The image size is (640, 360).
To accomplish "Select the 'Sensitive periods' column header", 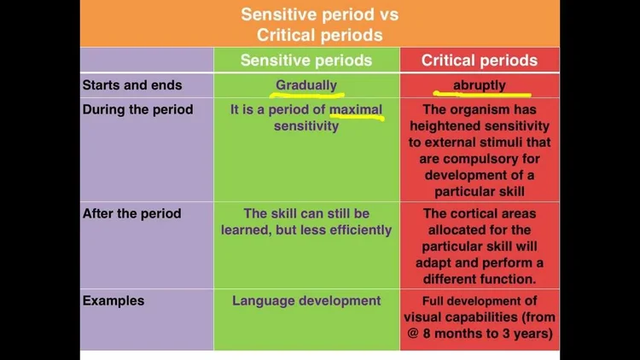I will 306,60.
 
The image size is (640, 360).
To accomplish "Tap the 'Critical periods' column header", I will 480,60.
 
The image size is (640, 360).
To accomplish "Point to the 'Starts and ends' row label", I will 131,85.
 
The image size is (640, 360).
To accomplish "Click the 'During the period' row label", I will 137,109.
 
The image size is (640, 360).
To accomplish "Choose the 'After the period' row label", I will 131,213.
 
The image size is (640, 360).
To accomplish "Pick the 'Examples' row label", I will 113,300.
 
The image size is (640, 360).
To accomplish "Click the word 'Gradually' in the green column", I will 306,85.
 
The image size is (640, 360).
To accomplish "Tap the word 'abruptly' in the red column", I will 480,85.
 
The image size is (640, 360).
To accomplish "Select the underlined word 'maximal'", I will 356,110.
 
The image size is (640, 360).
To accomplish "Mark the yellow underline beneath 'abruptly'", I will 482,96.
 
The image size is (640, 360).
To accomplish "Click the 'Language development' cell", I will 306,300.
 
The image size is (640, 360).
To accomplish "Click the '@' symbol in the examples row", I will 412,333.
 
